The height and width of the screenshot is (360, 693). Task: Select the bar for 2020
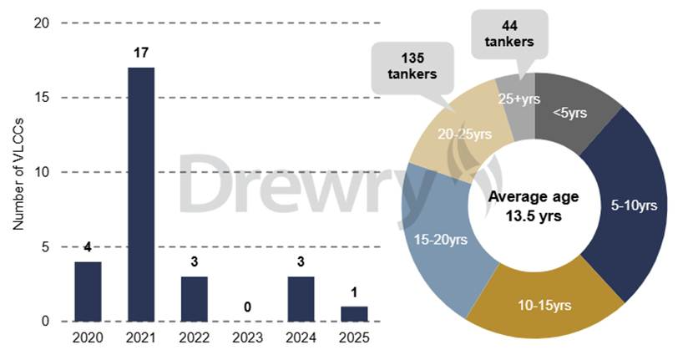coord(88,292)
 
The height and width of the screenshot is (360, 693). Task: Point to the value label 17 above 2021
coord(140,53)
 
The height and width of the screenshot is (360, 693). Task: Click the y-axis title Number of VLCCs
coord(18,172)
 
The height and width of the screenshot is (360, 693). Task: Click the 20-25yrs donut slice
coord(458,133)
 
